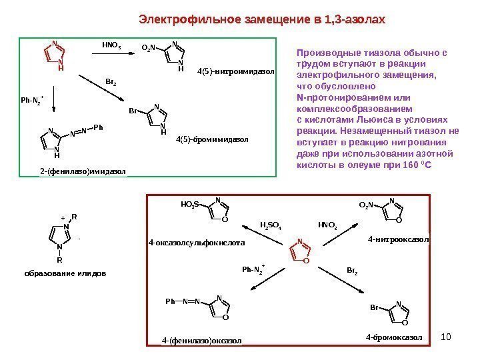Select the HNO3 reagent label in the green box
pos(111,46)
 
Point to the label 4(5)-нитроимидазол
pos(236,70)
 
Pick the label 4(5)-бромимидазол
pos(212,140)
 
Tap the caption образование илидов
pos(65,273)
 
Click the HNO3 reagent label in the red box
pos(327,225)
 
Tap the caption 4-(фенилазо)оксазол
pos(201,341)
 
